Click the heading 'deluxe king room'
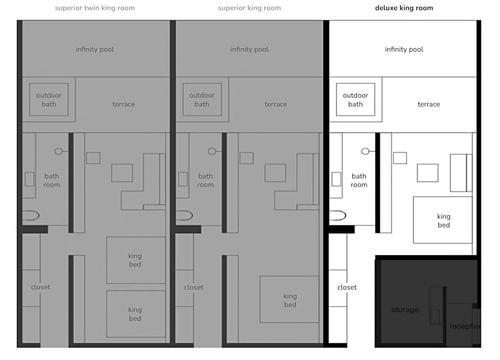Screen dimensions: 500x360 pyautogui.click(x=404, y=8)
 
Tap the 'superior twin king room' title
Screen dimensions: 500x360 pyautogui.click(x=95, y=8)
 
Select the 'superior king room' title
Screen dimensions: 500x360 pyautogui.click(x=249, y=8)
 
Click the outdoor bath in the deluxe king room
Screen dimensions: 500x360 pyautogui.click(x=355, y=99)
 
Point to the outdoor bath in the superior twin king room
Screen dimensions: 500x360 pyautogui.click(x=49, y=99)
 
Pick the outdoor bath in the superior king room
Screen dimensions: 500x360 pyautogui.click(x=202, y=99)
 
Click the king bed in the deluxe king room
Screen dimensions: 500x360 pyautogui.click(x=443, y=220)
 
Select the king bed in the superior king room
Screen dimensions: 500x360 pyautogui.click(x=289, y=299)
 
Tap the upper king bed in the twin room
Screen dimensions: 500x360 pyautogui.click(x=136, y=260)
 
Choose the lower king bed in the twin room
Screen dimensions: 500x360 pyautogui.click(x=136, y=314)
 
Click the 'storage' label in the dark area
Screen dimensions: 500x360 pyautogui.click(x=405, y=310)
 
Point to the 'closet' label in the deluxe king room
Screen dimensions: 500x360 pyautogui.click(x=347, y=287)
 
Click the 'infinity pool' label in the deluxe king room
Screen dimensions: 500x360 pyautogui.click(x=404, y=49)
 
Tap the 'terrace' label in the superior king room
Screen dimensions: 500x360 pyautogui.click(x=276, y=104)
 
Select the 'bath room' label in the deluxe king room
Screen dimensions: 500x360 pyautogui.click(x=359, y=180)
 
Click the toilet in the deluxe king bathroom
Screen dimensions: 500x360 pyautogui.click(x=338, y=215)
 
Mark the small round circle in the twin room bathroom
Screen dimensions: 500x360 pyautogui.click(x=59, y=152)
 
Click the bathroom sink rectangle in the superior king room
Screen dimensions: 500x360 pyautogui.click(x=183, y=179)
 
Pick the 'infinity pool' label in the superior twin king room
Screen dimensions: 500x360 pyautogui.click(x=95, y=49)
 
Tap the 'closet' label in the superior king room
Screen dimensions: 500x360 pyautogui.click(x=194, y=287)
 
